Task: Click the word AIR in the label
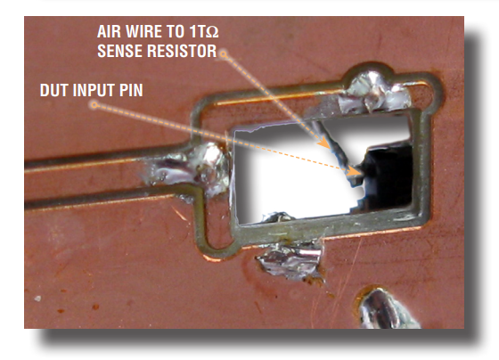point(109,31)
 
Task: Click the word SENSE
point(120,51)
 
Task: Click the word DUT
point(54,90)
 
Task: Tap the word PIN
point(131,90)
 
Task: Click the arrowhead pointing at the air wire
point(325,143)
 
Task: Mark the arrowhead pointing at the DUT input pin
point(354,172)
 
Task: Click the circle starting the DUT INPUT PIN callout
point(94,105)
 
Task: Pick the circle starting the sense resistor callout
point(224,54)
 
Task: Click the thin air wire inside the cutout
point(331,143)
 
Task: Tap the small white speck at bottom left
point(37,299)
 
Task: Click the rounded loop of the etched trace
point(210,247)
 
